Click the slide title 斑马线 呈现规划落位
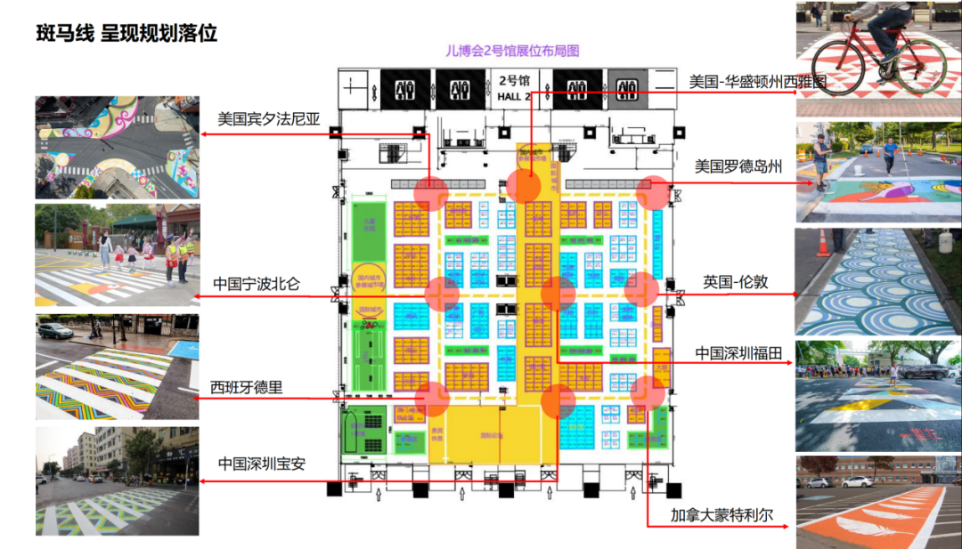[126, 35]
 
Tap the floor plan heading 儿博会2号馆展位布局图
[512, 52]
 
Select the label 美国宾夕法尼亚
[268, 118]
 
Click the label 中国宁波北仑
[257, 284]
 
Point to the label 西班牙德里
[247, 387]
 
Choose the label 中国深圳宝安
[262, 464]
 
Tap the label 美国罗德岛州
[738, 166]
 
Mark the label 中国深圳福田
[738, 353]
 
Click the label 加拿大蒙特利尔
[724, 514]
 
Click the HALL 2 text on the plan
[514, 96]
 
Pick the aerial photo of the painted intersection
[118, 147]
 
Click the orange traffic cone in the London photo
[823, 243]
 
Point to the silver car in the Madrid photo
[54, 331]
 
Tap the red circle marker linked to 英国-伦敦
[641, 289]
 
